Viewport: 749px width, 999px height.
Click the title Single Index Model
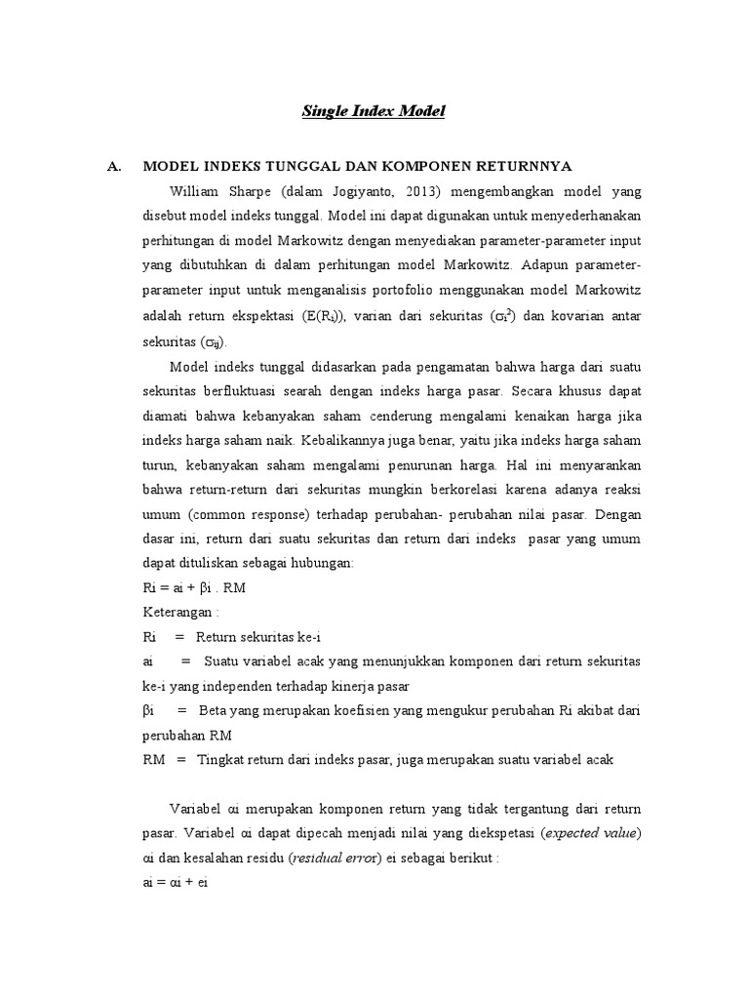(373, 112)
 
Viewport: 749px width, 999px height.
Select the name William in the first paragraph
(199, 190)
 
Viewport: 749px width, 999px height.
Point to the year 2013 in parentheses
(416, 190)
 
